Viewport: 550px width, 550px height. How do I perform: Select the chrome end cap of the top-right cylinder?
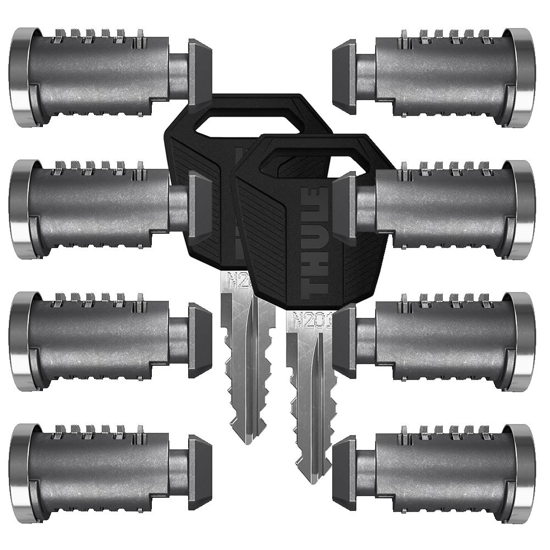pyautogui.click(x=525, y=77)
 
